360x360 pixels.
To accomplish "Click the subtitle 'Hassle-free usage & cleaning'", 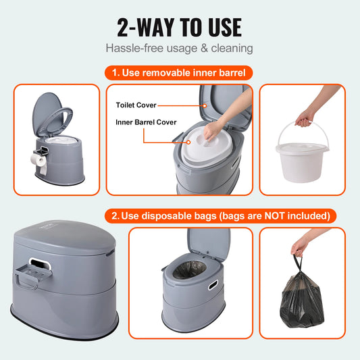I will coord(180,48).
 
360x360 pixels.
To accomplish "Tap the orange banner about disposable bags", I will coord(220,215).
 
